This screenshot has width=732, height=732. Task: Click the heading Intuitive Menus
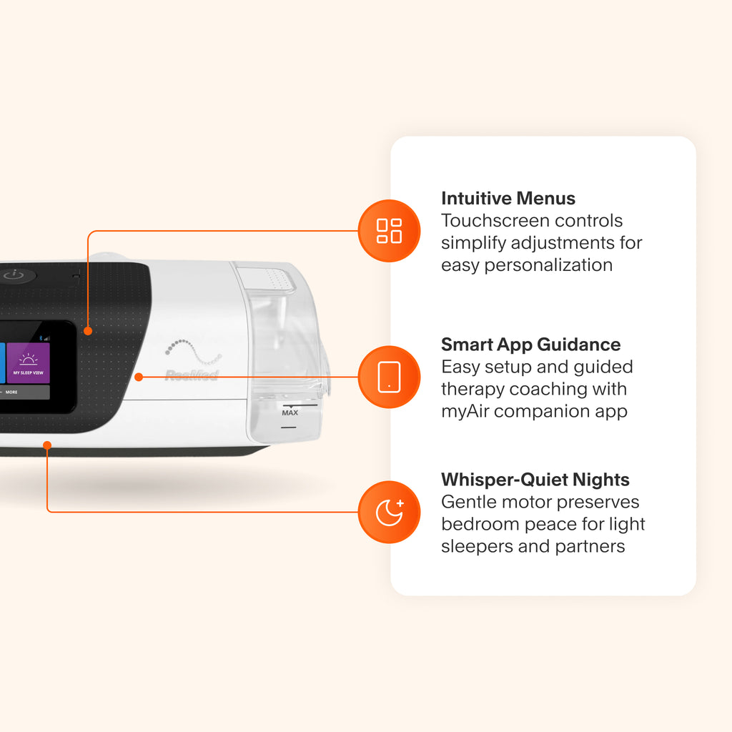(508, 199)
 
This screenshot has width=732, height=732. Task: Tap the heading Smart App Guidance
(531, 345)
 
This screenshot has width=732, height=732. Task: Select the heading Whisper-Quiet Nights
(535, 480)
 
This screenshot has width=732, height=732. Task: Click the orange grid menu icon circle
(389, 231)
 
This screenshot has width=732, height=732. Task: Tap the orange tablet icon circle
(389, 377)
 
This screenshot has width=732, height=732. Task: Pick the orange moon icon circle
(389, 512)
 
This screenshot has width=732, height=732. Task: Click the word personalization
(548, 265)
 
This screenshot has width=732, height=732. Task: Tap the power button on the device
(14, 275)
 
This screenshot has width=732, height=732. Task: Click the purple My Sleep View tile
(28, 363)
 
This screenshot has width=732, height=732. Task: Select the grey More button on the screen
(24, 392)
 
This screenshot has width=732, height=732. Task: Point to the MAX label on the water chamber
(290, 412)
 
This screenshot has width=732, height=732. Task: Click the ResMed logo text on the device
(192, 375)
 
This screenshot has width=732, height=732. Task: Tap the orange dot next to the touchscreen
(88, 331)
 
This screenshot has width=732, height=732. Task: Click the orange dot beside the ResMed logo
(139, 377)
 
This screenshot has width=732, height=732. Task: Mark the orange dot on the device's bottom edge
(47, 445)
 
